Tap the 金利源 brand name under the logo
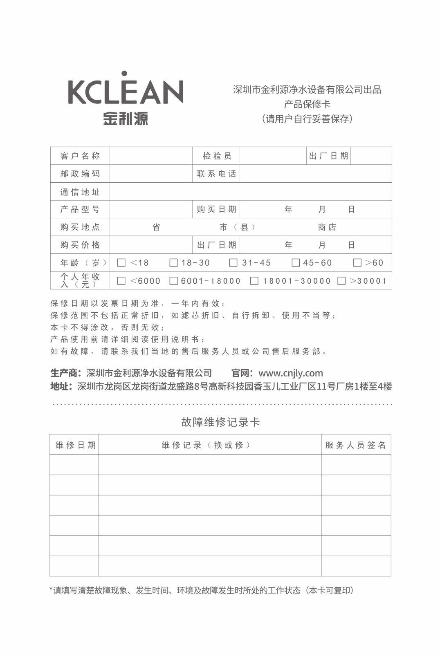(126, 119)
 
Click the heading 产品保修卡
(307, 104)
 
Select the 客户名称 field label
(80, 156)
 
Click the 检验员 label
(217, 156)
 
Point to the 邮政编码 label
(80, 174)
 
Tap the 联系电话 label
(217, 174)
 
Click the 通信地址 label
(80, 192)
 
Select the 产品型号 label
(80, 209)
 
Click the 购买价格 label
(80, 245)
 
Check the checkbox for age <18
(121, 263)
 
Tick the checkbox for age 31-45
(233, 263)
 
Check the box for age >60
(357, 263)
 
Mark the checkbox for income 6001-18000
(173, 281)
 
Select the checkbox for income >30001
(341, 281)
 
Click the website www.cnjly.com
(291, 373)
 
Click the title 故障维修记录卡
(220, 422)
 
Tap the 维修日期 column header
(75, 445)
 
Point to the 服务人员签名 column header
(356, 445)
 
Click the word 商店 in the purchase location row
(327, 227)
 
